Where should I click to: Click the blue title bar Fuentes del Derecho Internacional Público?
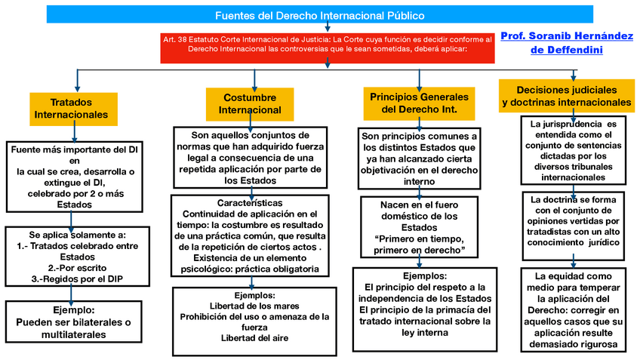(320, 15)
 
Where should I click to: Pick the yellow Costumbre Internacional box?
(250, 103)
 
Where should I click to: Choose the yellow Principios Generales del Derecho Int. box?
(420, 103)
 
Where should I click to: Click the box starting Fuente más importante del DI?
(73, 177)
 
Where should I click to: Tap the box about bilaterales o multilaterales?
(73, 316)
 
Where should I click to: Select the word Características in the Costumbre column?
(250, 204)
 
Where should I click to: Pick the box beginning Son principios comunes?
(420, 157)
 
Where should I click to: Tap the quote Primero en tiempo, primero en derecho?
(420, 244)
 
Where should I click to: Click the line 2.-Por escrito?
(72, 267)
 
